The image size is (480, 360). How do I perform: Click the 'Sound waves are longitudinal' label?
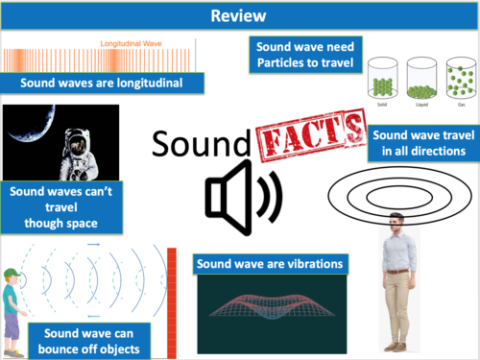[x=104, y=83]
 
